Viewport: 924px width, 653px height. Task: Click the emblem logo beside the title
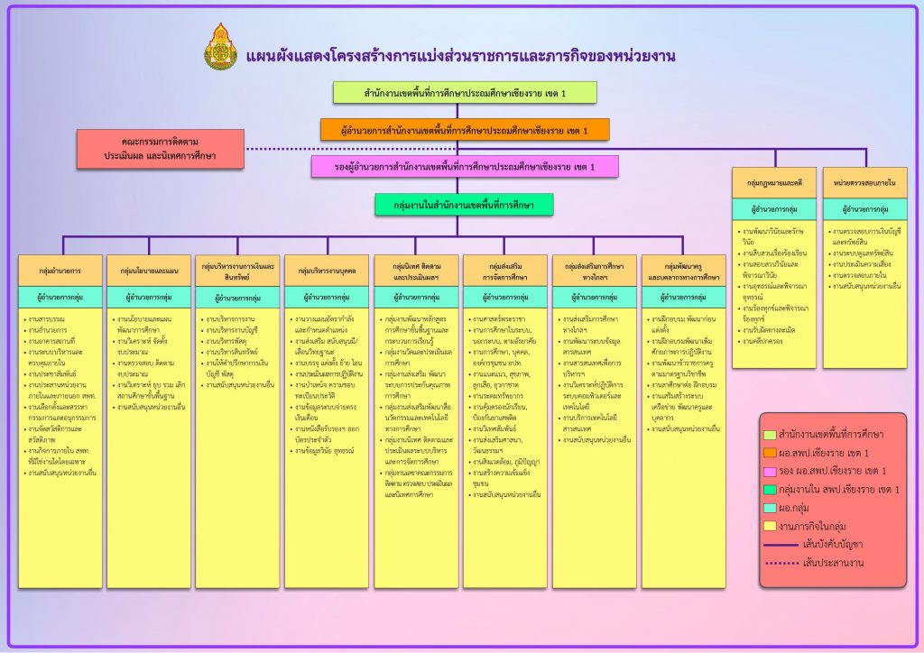221,47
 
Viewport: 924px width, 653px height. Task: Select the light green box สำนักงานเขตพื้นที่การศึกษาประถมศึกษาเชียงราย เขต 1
465,93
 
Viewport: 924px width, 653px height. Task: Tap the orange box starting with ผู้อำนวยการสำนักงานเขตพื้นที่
465,130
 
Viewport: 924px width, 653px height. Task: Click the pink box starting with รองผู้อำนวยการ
465,167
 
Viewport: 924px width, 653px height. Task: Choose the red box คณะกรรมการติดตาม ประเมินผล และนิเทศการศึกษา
161,149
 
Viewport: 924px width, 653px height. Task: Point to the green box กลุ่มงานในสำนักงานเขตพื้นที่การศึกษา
464,206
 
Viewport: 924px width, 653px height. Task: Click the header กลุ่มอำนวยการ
60,270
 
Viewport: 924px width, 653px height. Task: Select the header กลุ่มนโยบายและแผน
149,270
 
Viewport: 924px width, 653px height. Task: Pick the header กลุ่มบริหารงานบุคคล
327,270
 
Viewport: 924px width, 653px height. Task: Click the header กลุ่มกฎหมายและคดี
774,183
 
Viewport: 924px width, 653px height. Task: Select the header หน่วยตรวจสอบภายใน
864,183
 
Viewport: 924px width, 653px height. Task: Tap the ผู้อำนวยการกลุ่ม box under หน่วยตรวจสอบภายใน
864,209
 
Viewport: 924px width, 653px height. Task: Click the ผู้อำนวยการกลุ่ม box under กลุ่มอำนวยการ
60,296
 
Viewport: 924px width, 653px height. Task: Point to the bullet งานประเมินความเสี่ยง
867,264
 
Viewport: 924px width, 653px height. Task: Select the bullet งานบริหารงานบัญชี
234,329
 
